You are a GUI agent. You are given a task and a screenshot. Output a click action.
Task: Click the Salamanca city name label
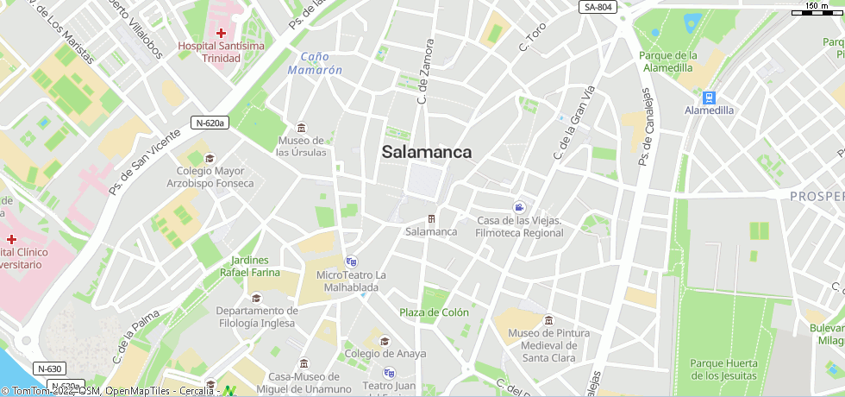point(427,152)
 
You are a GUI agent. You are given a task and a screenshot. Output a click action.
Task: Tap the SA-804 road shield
point(598,7)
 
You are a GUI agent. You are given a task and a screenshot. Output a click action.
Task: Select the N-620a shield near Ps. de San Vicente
point(210,123)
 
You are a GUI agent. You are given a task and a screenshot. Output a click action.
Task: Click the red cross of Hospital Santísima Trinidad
point(221,32)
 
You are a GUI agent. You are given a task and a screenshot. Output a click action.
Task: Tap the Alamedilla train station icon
point(709,98)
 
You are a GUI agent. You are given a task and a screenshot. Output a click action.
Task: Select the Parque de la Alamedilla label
point(667,61)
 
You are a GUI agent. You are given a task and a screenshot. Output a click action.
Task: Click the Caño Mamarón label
point(315,63)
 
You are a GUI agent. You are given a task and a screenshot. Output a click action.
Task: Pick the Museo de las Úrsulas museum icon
point(301,128)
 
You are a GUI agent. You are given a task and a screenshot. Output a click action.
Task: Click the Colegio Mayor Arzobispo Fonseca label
point(210,177)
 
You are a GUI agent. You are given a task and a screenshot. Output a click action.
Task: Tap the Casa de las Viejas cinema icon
point(519,207)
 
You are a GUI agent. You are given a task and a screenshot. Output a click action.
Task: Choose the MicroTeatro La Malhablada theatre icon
point(351,261)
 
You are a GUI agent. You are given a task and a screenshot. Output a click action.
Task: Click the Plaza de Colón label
point(434,312)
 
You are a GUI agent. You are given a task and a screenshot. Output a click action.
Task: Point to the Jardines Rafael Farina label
point(250,266)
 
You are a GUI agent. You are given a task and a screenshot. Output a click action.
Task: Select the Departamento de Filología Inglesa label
point(257,317)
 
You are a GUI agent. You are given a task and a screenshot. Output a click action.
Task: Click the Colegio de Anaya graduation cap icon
point(384,341)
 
